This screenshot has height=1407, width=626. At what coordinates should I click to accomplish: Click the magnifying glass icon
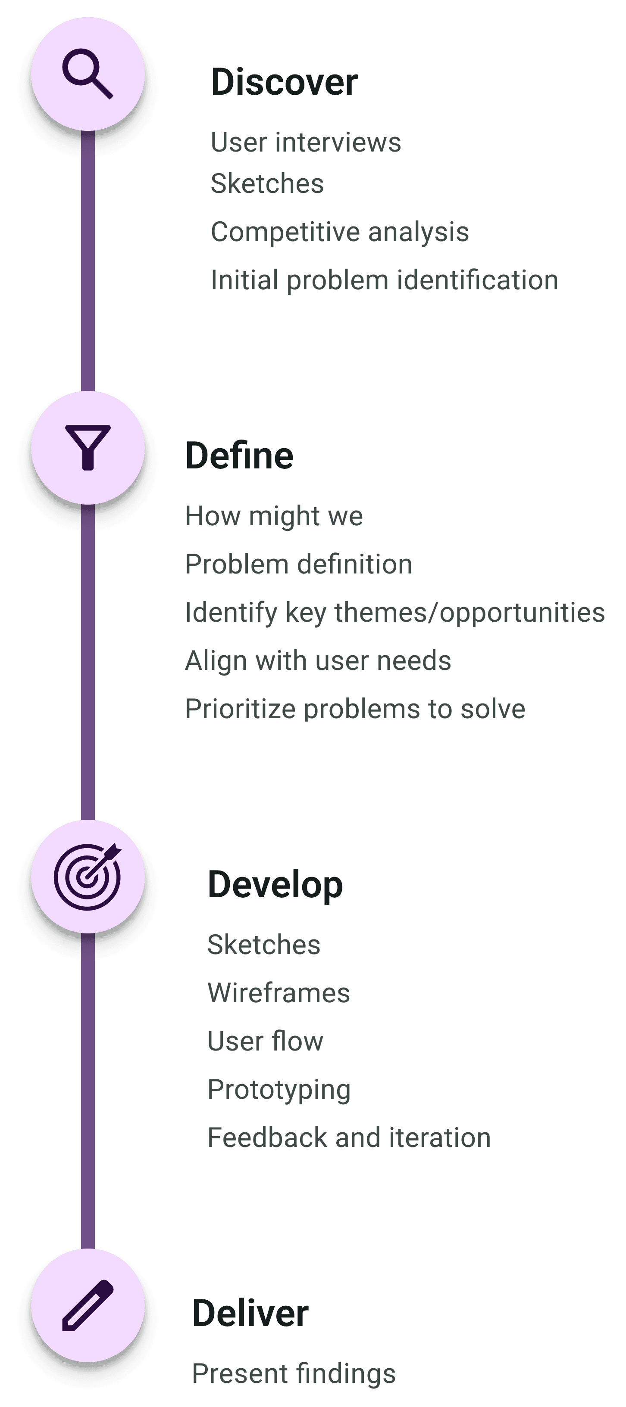tap(88, 74)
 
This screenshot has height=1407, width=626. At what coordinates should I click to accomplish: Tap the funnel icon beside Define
tap(88, 447)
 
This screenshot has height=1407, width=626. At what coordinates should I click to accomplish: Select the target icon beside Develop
tap(88, 876)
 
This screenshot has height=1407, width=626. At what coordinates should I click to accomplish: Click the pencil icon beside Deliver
tap(88, 1305)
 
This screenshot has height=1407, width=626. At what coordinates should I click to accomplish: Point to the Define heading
tap(239, 456)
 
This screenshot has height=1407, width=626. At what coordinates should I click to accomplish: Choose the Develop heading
tap(275, 885)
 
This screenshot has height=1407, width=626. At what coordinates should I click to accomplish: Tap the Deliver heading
tap(250, 1314)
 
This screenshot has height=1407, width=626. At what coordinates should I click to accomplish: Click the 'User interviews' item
tap(306, 143)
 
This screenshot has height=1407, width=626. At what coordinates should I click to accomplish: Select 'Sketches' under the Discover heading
tap(267, 183)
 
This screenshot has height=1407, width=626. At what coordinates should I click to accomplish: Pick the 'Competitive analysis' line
tap(340, 232)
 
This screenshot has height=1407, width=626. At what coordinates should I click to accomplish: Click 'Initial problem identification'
tap(384, 280)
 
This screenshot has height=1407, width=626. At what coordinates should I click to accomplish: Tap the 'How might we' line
tap(274, 516)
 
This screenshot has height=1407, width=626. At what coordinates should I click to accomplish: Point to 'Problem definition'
tap(298, 564)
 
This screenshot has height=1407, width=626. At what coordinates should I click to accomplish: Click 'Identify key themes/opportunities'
tap(395, 612)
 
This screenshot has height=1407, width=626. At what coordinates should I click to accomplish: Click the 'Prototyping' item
tap(279, 1090)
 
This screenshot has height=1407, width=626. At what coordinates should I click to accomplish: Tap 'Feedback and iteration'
tap(349, 1138)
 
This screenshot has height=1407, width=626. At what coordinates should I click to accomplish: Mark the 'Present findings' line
tap(294, 1374)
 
